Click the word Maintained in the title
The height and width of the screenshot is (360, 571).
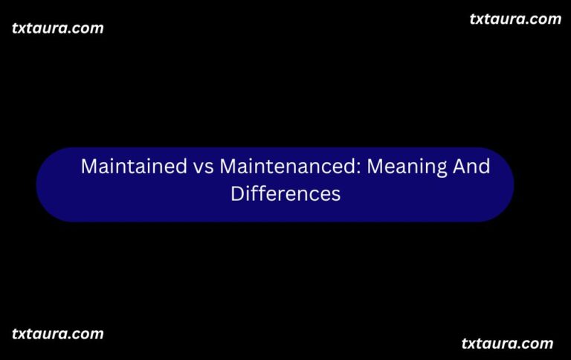click(x=133, y=167)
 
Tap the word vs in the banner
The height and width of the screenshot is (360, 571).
click(x=202, y=167)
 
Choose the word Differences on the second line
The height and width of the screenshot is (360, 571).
click(x=285, y=193)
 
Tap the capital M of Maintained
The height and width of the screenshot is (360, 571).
click(x=88, y=167)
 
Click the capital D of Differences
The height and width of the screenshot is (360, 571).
click(x=236, y=193)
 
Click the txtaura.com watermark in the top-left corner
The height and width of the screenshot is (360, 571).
click(x=58, y=28)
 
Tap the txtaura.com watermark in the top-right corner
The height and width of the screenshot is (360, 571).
click(x=515, y=19)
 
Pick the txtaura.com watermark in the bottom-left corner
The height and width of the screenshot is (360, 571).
click(x=58, y=333)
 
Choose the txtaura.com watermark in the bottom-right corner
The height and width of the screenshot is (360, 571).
click(x=508, y=343)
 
